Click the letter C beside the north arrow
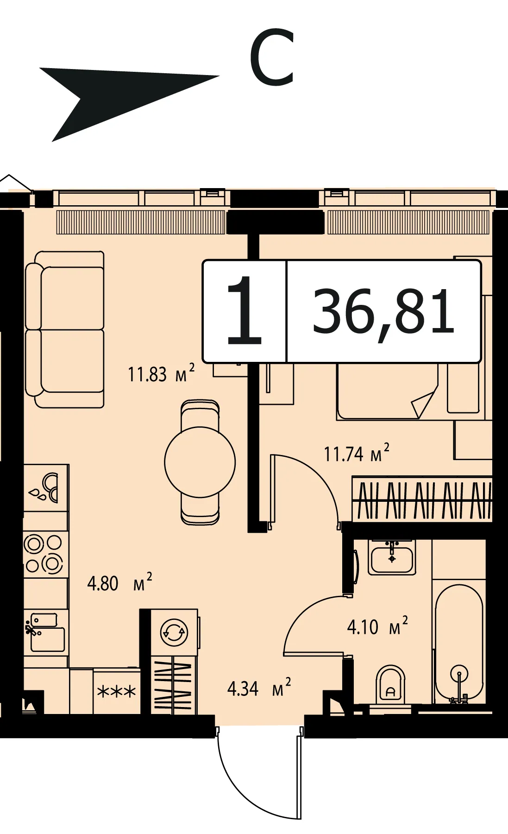272,57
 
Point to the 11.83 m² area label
161,373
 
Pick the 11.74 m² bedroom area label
356,453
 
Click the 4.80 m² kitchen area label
119,582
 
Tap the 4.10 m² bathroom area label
377,626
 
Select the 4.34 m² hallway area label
259,688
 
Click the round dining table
200,462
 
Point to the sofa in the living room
65,329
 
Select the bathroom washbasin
392,558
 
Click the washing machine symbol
174,632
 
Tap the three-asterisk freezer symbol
117,692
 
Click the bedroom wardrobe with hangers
422,499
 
